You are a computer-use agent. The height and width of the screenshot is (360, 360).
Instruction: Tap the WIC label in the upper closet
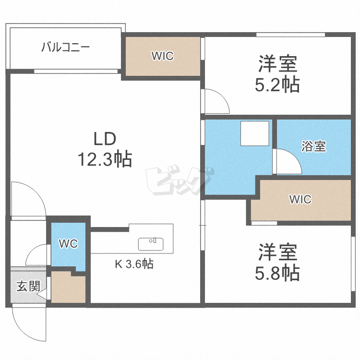point(162,56)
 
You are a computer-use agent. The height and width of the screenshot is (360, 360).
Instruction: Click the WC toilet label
point(68,244)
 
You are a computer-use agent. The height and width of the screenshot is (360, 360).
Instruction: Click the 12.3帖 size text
point(105,159)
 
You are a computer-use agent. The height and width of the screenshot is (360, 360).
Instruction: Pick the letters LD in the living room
point(105,139)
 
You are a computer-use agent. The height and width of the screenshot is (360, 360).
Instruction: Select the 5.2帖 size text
point(277,84)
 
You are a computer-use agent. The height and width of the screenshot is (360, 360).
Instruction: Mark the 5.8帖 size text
point(277,273)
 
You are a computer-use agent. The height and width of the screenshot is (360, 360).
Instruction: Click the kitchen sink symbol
point(151,244)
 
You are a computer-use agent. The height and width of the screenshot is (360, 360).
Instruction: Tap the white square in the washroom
point(254,133)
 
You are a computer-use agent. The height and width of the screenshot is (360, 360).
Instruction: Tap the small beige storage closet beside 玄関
point(68,288)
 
